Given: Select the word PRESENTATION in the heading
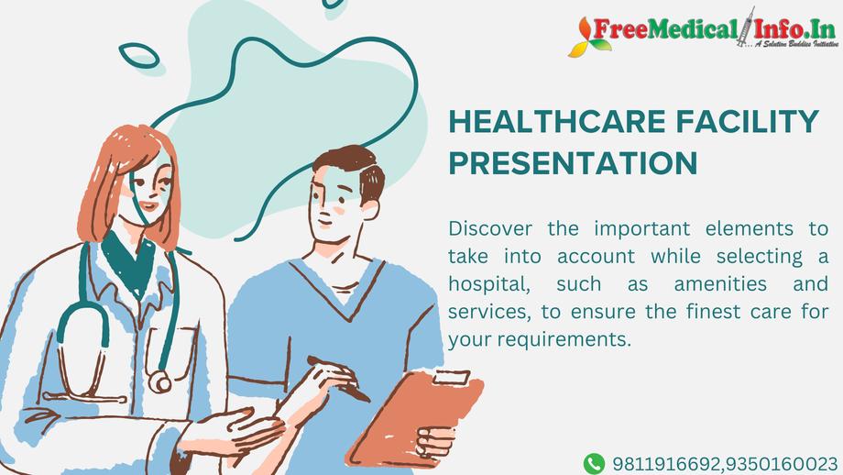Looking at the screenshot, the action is pos(573,162).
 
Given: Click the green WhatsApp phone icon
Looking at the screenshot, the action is pos(594,464).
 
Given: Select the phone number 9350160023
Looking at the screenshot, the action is pos(782,464).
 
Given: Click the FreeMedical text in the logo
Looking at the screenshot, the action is pos(665,29).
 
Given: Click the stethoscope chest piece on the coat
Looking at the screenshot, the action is pos(159,382).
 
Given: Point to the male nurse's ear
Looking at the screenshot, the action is pos(370,209).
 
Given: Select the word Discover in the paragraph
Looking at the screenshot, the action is pos(490,228).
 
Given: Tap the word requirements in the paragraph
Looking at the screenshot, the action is pos(564,339).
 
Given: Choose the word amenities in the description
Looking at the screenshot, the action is pos(720,283).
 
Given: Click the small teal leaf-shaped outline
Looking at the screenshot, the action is pos(139,55).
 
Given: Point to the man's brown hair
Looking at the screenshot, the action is pos(352,168).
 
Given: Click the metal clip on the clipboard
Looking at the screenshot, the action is pos(452,377).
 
